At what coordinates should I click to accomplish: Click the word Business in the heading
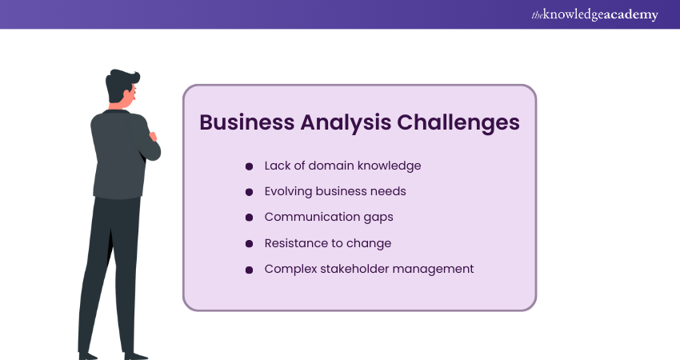pyautogui.click(x=246, y=122)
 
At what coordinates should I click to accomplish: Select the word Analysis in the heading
pyautogui.click(x=346, y=123)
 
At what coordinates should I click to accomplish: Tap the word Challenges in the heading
pyautogui.click(x=458, y=123)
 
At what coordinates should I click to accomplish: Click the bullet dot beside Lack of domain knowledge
pyautogui.click(x=249, y=166)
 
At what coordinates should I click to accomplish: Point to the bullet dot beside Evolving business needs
pyautogui.click(x=249, y=192)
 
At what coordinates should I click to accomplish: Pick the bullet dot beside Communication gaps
pyautogui.click(x=249, y=218)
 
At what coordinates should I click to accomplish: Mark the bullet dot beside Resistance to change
pyautogui.click(x=249, y=244)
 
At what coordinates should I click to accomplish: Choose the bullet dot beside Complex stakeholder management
pyautogui.click(x=249, y=270)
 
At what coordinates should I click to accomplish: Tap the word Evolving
pyautogui.click(x=288, y=192)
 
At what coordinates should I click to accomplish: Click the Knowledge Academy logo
pyautogui.click(x=594, y=14)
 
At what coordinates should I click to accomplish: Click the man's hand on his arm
pyautogui.click(x=153, y=137)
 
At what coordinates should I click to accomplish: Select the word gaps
pyautogui.click(x=378, y=218)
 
